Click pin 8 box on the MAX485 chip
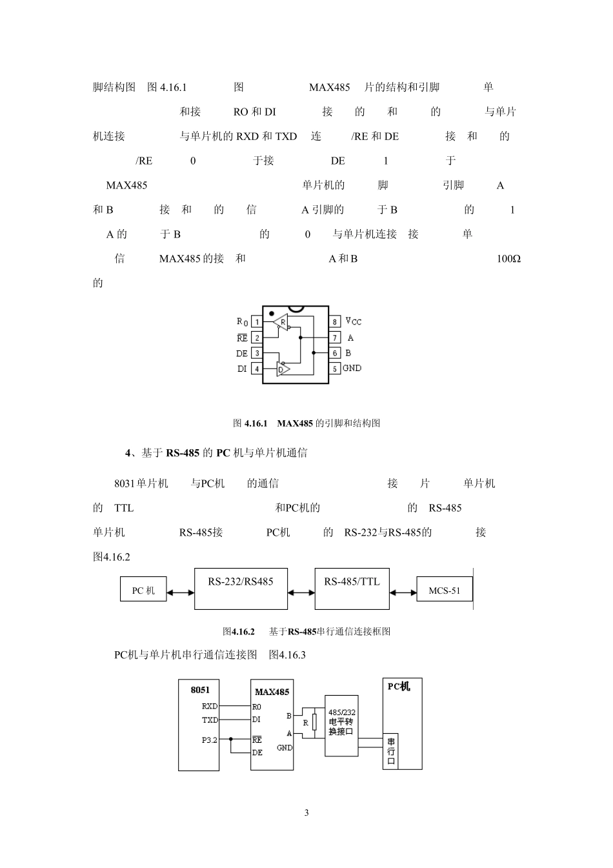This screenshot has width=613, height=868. point(335,321)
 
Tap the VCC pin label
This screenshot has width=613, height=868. point(353,321)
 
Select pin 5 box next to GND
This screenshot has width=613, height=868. point(335,368)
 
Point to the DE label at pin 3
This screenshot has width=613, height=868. point(241,354)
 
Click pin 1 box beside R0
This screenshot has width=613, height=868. point(256,321)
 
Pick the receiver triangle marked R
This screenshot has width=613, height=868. point(281,321)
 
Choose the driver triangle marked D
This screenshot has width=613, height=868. point(283,369)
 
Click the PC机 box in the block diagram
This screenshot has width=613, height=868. point(143,590)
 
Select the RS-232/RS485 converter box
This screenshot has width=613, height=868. point(241,589)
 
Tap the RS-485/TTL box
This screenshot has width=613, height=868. point(352,589)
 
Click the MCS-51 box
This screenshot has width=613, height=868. point(444,590)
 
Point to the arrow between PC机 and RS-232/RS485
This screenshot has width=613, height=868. point(180,592)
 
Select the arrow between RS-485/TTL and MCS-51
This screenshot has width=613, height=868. point(403,592)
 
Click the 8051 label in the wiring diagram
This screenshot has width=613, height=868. point(200,690)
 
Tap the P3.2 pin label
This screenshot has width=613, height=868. point(209,740)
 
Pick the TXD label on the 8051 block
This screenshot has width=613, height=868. point(210,720)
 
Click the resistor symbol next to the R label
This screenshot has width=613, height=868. point(314,722)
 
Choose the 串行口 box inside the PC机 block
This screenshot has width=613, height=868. point(391,751)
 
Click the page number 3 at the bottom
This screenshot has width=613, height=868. point(306,812)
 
